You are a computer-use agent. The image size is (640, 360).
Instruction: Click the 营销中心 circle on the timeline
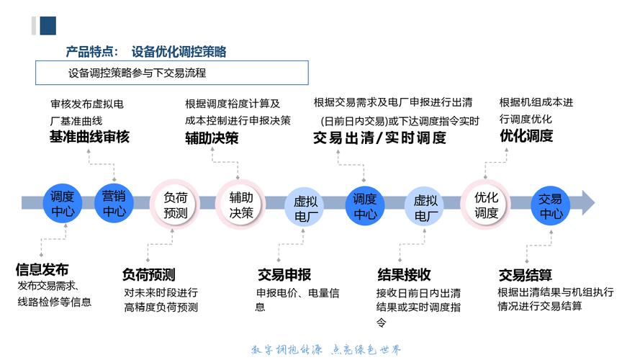tap(114, 203)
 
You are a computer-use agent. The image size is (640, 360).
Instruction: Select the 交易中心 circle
tap(550, 206)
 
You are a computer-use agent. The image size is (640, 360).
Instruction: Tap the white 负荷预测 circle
tap(175, 204)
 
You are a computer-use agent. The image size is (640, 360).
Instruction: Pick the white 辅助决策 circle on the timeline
tap(240, 204)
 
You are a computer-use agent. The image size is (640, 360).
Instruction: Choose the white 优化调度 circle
tap(486, 204)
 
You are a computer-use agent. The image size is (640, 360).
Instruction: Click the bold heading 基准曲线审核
tap(89, 137)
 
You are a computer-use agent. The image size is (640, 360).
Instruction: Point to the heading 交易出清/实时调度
tap(379, 138)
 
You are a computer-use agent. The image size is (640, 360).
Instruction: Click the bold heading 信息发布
tap(42, 269)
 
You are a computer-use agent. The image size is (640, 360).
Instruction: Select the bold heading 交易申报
tap(284, 275)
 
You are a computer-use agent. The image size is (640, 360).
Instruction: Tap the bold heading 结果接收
tap(404, 275)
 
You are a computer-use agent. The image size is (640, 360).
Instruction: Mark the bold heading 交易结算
tap(526, 275)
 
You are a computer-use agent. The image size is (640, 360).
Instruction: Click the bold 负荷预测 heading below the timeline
tap(148, 275)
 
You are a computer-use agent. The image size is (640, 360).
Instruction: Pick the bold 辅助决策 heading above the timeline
tap(212, 138)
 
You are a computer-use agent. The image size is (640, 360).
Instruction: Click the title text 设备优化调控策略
tap(179, 52)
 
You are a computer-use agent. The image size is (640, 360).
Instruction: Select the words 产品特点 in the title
tap(89, 52)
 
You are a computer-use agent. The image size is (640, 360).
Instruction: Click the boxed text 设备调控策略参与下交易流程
tap(137, 73)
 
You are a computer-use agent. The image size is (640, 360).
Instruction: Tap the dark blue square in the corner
tap(48, 26)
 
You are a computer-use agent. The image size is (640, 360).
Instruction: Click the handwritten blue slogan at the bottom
tap(326, 349)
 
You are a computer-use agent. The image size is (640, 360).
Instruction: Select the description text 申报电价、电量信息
tap(297, 300)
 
